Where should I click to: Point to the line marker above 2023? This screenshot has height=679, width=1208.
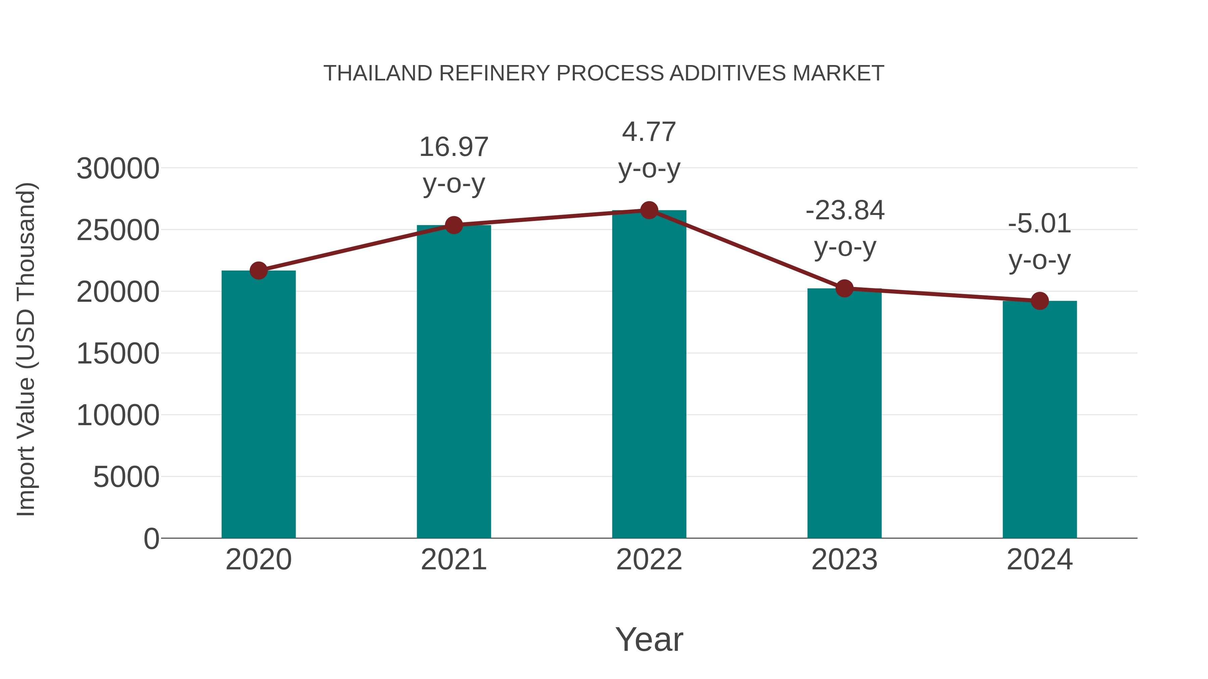point(845,289)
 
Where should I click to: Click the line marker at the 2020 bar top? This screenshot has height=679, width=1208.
point(258,270)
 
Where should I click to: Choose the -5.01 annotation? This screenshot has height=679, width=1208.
point(1040,224)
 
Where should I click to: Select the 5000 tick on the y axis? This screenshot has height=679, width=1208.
point(126,477)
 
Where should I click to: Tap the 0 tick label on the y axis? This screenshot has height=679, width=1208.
point(151,539)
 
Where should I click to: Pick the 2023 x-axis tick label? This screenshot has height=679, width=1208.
point(845,560)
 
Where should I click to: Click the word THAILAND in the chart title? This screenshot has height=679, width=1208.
point(378,73)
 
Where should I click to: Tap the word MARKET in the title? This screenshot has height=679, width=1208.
point(838,73)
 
